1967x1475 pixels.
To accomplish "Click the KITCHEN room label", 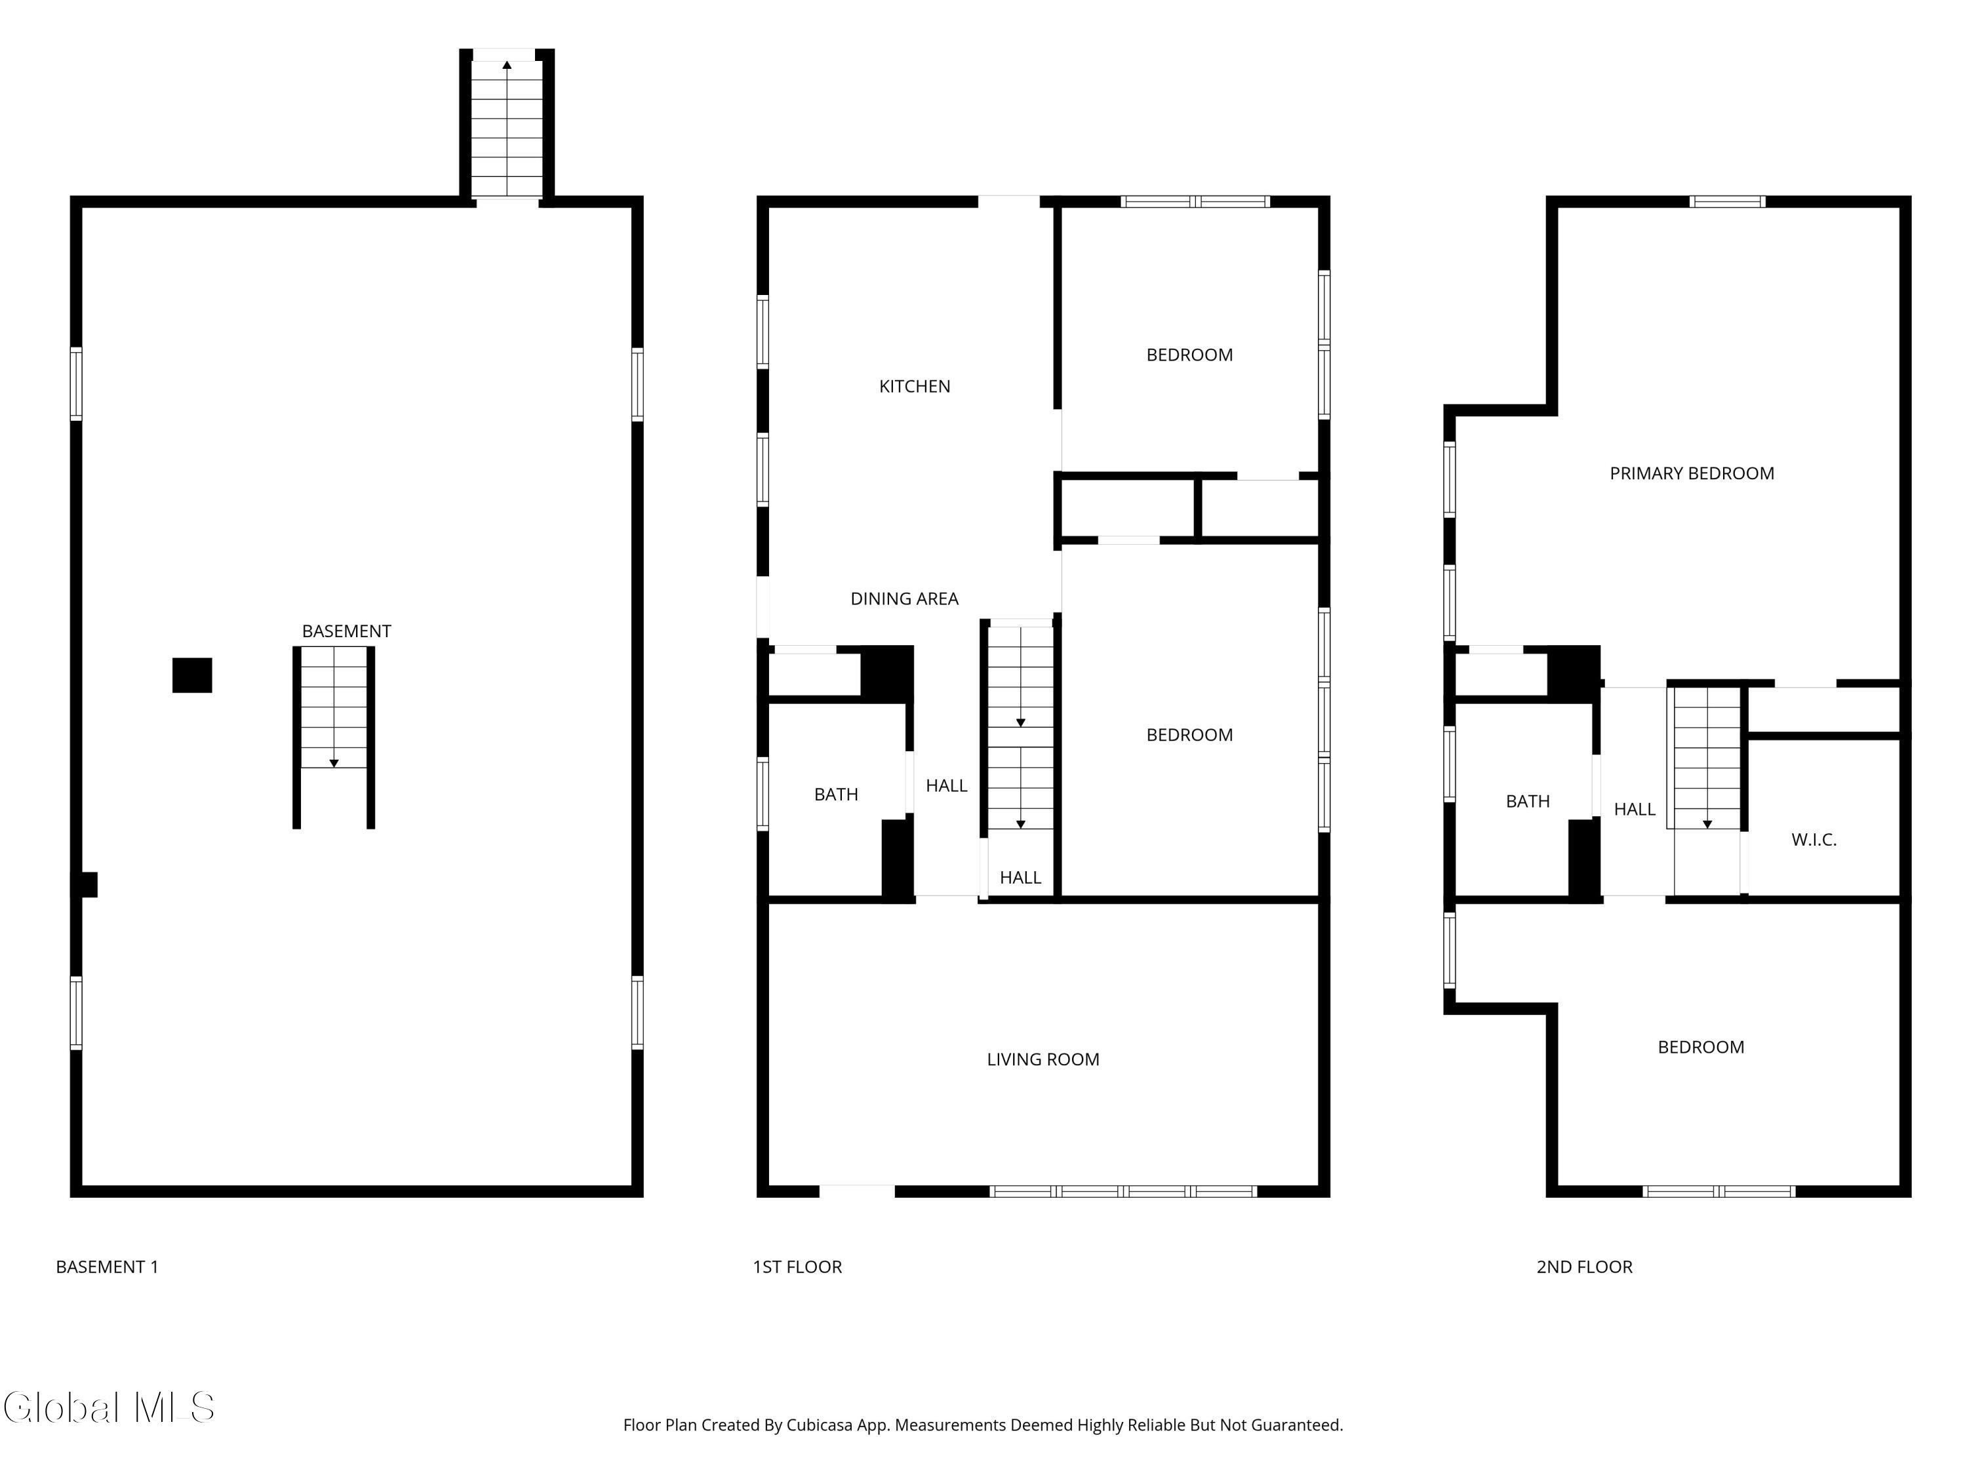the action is point(914,386).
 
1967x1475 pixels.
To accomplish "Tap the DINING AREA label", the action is point(904,599).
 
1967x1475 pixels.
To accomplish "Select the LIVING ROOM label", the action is point(1043,1059).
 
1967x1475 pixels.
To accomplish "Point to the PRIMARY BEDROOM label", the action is point(1692,473).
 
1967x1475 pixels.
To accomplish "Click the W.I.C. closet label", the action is point(1813,839).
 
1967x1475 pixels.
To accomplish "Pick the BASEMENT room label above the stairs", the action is point(346,631).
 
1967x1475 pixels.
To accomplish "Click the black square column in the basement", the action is point(192,675).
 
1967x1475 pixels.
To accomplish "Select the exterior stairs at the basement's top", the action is point(507,124).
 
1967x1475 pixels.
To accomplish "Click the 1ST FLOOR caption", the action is point(797,1266).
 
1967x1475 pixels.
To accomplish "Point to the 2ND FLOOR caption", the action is point(1583,1266).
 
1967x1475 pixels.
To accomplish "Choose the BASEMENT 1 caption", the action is point(107,1266).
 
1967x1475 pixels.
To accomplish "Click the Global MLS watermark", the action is point(109,1407).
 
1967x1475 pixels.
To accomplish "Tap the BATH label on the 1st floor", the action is point(836,794).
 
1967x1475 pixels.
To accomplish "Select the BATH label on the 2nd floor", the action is point(1528,801).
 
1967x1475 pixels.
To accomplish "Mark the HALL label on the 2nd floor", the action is point(1635,809).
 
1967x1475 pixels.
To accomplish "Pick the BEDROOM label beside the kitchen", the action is point(1189,355).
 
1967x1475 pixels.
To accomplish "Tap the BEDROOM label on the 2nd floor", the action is point(1700,1046).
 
